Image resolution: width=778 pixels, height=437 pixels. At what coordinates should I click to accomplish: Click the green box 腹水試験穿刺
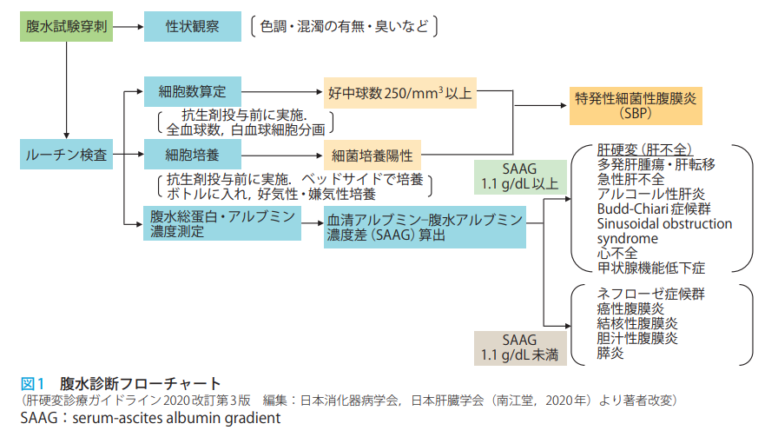[65, 27]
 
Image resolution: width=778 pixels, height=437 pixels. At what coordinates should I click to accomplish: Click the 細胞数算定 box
[193, 91]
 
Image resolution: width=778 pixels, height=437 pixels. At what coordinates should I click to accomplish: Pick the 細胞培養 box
[193, 156]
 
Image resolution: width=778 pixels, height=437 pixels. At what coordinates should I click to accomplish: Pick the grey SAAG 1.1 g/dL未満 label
[520, 347]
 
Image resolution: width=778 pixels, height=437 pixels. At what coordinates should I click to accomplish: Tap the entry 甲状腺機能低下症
[651, 268]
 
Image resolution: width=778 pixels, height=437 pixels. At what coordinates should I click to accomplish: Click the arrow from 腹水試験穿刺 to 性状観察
[128, 27]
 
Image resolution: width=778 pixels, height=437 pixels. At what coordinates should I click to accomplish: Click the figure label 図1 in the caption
[32, 382]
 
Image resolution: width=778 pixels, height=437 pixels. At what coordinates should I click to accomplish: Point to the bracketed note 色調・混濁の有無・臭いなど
[344, 27]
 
